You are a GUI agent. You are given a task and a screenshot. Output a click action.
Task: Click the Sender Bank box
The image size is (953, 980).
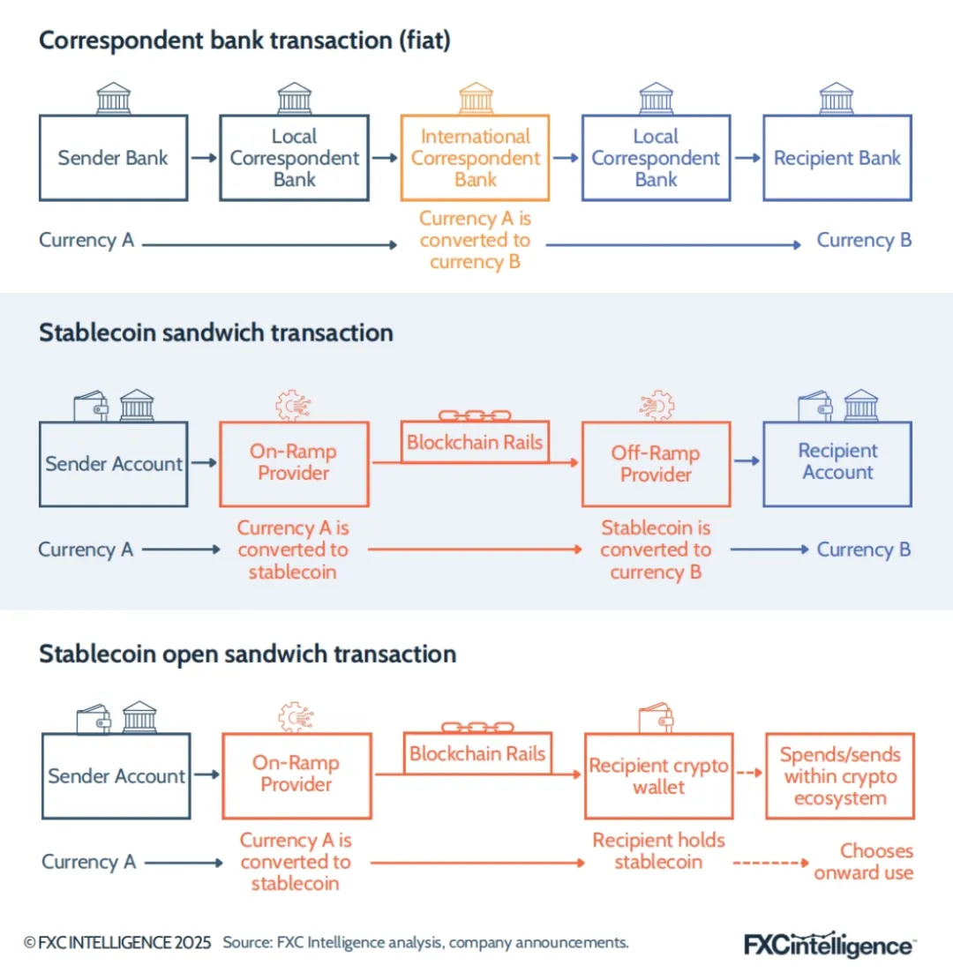coord(113,158)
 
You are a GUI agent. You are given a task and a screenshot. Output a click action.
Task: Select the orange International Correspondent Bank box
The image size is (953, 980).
coord(475,158)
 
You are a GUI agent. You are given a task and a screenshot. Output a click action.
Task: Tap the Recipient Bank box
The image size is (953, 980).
coord(837,158)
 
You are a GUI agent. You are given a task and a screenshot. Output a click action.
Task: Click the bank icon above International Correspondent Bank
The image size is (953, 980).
coord(476,97)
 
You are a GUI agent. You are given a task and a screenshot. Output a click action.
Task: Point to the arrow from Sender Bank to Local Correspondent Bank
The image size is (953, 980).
coord(204,158)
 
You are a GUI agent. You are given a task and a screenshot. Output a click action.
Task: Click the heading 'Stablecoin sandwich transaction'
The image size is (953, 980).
coord(216,333)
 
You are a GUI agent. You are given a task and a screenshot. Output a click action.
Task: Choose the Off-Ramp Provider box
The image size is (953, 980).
coord(656,464)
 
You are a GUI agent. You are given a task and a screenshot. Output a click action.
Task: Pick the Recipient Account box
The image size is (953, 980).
coord(837,463)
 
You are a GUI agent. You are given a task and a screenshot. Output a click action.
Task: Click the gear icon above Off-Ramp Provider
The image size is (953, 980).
coord(657,405)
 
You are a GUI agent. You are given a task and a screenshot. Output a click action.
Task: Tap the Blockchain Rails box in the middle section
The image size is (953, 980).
coord(475,442)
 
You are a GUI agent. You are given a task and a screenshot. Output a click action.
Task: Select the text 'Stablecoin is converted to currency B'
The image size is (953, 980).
coord(656,550)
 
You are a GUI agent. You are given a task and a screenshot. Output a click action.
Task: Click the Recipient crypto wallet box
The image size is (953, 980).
coord(658,776)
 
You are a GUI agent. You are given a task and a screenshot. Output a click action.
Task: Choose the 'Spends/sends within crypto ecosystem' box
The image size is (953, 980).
coord(840,776)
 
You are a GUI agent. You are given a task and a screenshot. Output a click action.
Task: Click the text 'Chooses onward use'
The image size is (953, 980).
coord(864,862)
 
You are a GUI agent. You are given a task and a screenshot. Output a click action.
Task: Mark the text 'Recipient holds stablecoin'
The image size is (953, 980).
coord(658,850)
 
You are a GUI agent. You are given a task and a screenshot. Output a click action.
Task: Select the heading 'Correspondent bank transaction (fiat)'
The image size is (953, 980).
coord(244,41)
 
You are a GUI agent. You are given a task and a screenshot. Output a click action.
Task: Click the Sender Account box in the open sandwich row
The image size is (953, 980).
coord(116,776)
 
